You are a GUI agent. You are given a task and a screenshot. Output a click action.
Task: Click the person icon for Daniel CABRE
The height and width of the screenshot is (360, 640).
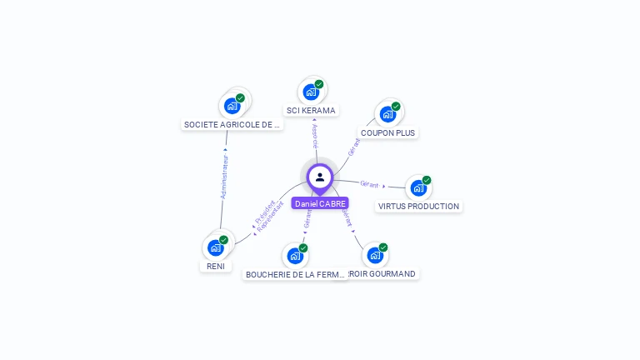tap(320, 177)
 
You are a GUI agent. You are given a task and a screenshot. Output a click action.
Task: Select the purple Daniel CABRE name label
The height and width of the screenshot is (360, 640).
tap(320, 203)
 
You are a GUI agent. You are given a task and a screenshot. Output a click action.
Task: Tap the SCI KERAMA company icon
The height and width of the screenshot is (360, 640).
tap(311, 92)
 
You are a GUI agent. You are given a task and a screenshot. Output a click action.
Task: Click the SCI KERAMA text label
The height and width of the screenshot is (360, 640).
tap(311, 111)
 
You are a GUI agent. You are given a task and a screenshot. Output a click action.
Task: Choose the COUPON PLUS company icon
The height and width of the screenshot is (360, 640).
tap(387, 114)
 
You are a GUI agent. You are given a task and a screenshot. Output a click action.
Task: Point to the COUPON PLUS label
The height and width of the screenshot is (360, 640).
tap(387, 133)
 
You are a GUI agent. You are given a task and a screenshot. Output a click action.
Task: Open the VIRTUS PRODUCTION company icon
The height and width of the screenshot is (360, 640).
tap(418, 187)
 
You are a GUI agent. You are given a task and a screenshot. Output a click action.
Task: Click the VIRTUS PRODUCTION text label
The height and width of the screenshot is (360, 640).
tap(418, 207)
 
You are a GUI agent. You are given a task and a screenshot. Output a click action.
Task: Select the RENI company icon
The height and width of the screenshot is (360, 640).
tap(216, 247)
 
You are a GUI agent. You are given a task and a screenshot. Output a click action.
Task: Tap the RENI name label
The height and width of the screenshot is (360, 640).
tap(215, 267)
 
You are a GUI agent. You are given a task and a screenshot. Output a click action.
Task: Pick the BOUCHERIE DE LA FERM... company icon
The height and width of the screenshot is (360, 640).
tap(295, 256)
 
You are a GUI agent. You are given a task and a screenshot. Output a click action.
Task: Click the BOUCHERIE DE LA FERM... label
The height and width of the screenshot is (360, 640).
tap(295, 274)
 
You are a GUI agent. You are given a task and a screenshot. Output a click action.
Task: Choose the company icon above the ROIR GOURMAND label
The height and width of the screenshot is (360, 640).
tap(375, 255)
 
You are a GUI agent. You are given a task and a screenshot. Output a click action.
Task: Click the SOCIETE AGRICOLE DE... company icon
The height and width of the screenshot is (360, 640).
tap(232, 106)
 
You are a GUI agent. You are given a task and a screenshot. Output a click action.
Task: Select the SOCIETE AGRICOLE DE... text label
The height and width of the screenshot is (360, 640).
tap(232, 125)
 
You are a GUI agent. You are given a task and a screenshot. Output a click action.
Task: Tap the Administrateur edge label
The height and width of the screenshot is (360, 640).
tap(223, 175)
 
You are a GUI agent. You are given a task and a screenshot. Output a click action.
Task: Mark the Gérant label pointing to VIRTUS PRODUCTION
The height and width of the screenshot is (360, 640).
tap(369, 184)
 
